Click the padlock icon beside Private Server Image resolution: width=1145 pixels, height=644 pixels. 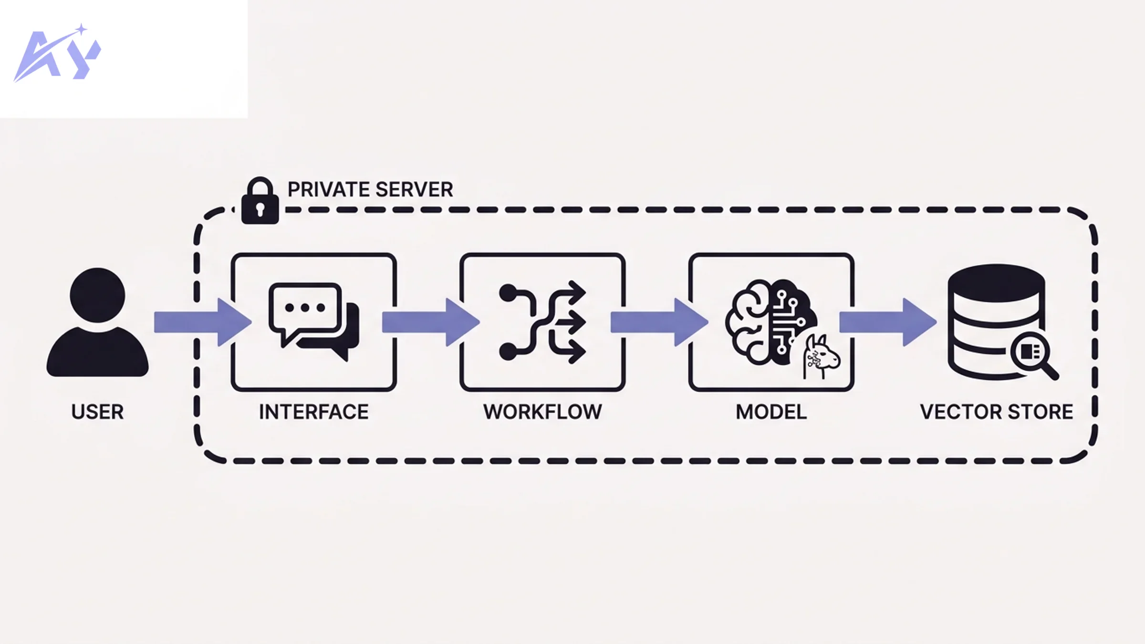[x=260, y=202]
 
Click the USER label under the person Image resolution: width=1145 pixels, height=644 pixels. [x=97, y=412]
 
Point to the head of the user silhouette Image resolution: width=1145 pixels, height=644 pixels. [x=97, y=294]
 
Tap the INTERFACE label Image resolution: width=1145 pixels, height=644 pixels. [x=313, y=412]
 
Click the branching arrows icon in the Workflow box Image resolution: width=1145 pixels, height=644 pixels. [x=542, y=322]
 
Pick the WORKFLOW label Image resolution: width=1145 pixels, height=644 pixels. [x=542, y=412]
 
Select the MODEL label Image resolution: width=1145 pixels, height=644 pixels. [x=771, y=412]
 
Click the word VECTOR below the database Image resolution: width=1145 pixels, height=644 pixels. [x=959, y=412]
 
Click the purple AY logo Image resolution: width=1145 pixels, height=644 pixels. [x=57, y=55]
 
